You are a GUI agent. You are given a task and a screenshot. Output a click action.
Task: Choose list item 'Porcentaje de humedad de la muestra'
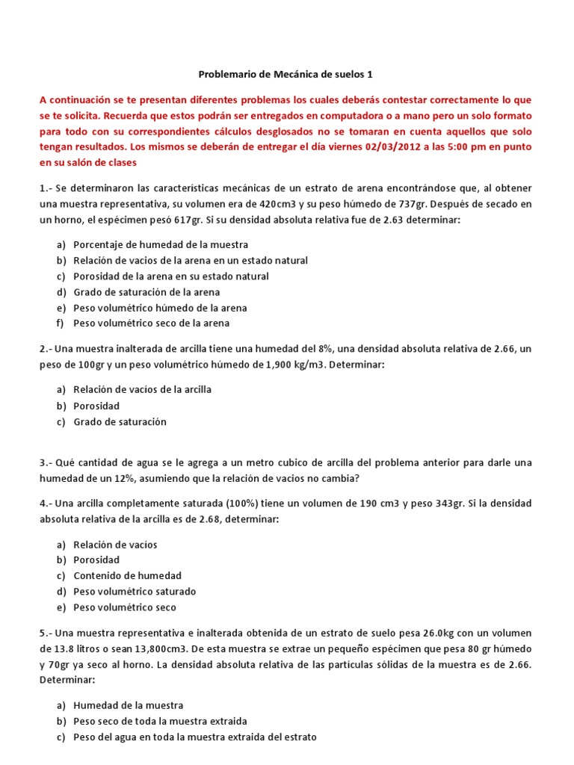[161, 244]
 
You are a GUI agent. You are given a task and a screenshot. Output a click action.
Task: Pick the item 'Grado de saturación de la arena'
[146, 292]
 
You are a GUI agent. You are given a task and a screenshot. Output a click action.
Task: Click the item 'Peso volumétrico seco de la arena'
[151, 323]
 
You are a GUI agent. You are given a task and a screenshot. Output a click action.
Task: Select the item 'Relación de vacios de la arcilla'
[142, 389]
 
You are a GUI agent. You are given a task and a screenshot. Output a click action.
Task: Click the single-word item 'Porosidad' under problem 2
[96, 406]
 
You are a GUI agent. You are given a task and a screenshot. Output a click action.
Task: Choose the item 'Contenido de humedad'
[127, 575]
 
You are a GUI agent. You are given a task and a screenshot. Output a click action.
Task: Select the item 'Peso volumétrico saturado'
[135, 591]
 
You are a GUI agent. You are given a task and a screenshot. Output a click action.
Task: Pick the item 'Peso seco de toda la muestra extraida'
[160, 721]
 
